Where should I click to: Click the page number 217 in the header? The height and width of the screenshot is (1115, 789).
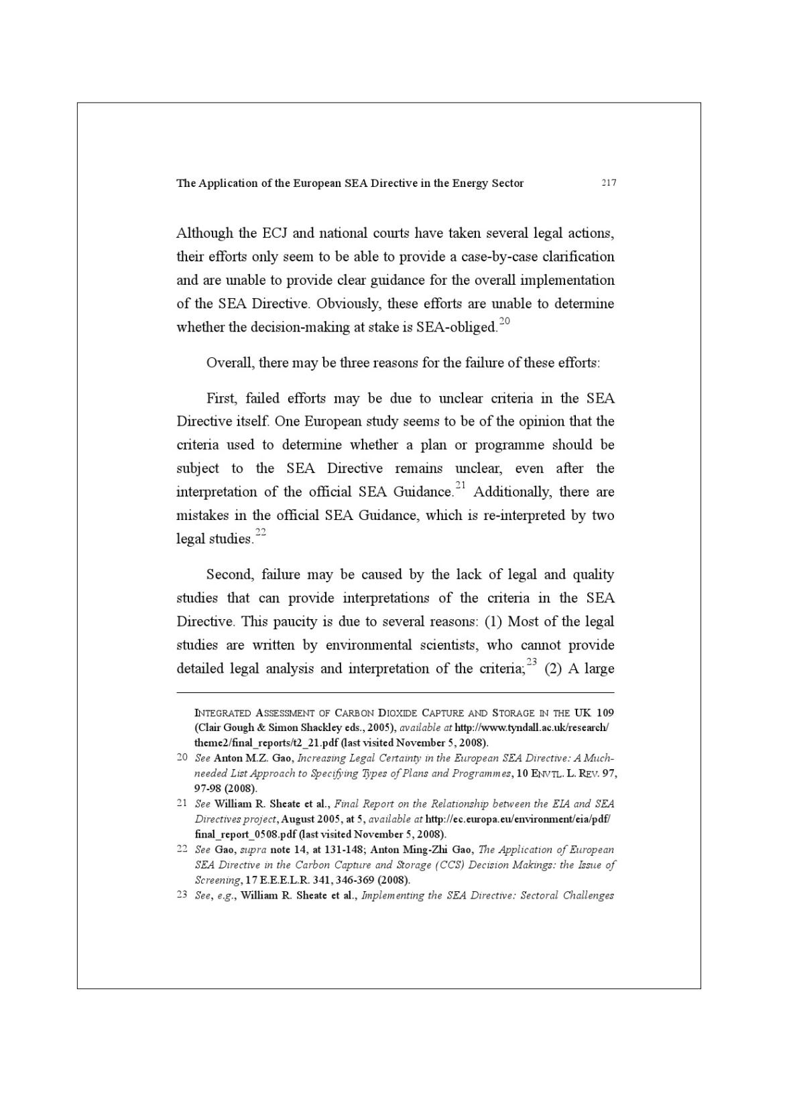click(x=608, y=183)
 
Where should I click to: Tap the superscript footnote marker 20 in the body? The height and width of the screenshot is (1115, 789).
click(x=504, y=321)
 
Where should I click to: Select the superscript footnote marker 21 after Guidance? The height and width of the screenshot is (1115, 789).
click(x=460, y=485)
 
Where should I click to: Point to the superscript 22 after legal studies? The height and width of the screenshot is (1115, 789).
click(x=261, y=532)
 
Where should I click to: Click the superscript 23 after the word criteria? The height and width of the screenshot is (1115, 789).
click(x=532, y=662)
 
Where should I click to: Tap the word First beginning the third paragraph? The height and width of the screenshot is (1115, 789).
click(x=220, y=398)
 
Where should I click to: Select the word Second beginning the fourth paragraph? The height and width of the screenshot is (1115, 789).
click(x=227, y=574)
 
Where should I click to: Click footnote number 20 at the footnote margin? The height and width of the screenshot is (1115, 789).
click(x=182, y=757)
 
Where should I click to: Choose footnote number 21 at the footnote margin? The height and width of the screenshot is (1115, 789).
click(x=182, y=803)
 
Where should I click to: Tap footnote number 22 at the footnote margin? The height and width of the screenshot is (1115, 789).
click(x=182, y=849)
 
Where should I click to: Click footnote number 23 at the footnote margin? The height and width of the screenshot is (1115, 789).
click(x=182, y=895)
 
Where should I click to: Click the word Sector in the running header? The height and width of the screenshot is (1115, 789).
click(x=507, y=183)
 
